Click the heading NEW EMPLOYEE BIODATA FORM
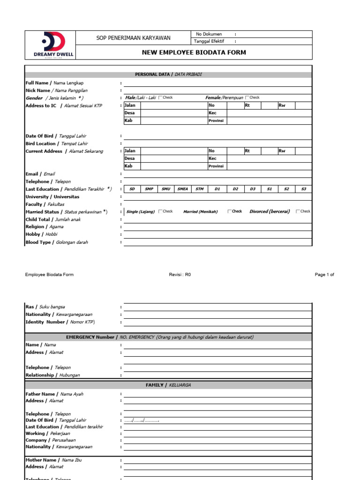[x=194, y=52]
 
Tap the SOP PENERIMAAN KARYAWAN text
[x=134, y=38]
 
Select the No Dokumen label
[x=209, y=34]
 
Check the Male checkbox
[x=161, y=97]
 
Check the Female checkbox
[x=247, y=97]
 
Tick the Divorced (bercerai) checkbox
[x=298, y=211]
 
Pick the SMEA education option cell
[x=182, y=189]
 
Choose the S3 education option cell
[x=303, y=189]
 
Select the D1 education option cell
[x=217, y=189]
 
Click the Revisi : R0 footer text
[x=180, y=275]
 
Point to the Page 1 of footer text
[x=324, y=275]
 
